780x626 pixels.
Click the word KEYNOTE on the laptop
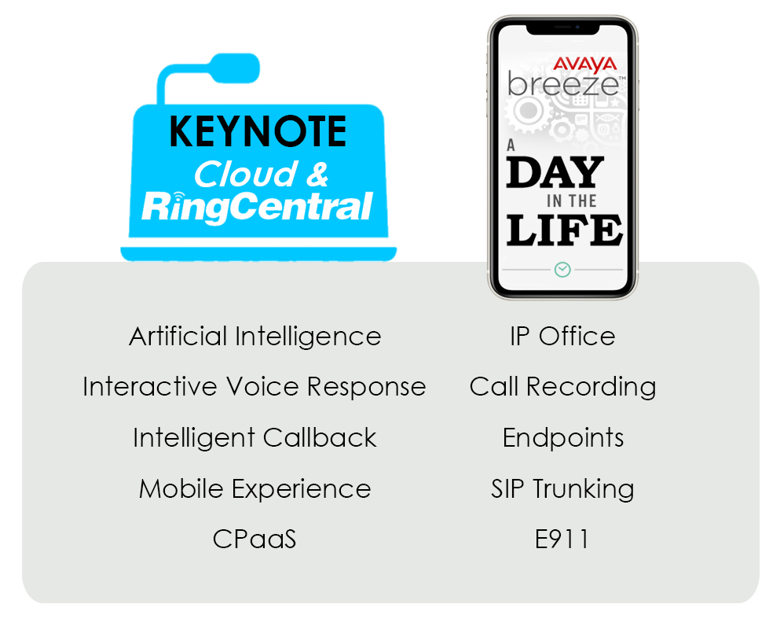click(x=258, y=131)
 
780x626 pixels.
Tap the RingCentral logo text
click(x=257, y=206)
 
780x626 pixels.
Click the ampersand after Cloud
click(x=317, y=175)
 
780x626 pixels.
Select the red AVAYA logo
click(x=585, y=64)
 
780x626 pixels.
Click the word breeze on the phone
click(x=564, y=84)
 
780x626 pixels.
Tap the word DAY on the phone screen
click(x=555, y=171)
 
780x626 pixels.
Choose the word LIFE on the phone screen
click(x=564, y=230)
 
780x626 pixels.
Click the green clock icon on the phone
click(x=562, y=270)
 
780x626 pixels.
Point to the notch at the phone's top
click(x=562, y=29)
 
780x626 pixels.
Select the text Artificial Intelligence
click(x=255, y=337)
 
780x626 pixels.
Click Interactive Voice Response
click(x=255, y=387)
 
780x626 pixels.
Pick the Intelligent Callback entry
click(x=255, y=438)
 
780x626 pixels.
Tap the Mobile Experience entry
click(x=255, y=489)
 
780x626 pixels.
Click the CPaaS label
click(x=255, y=539)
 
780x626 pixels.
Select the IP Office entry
click(x=562, y=336)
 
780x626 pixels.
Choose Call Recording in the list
click(x=562, y=388)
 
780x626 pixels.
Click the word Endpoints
click(x=563, y=438)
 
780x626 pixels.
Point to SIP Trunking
click(x=562, y=488)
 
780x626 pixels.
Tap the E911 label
click(x=562, y=539)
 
